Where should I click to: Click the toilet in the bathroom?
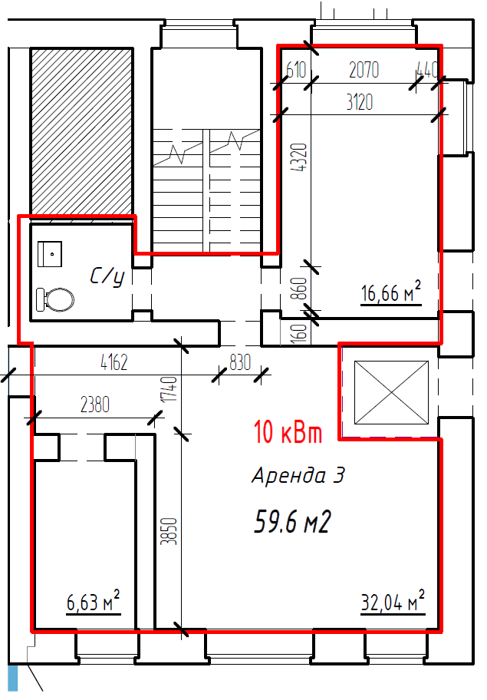click(x=55, y=299)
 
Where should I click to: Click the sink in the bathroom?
click(x=50, y=254)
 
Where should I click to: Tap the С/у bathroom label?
click(x=107, y=277)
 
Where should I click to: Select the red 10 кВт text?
click(x=288, y=431)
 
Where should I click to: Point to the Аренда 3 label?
click(x=298, y=475)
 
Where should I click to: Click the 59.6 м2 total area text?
click(x=292, y=521)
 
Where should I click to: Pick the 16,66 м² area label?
click(x=390, y=292)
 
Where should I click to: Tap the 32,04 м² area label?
click(x=393, y=601)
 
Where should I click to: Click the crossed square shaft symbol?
click(x=391, y=392)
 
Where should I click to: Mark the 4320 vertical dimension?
click(x=299, y=157)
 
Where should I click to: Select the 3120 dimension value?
click(x=360, y=102)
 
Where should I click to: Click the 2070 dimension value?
click(x=364, y=70)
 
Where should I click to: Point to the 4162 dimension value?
click(x=114, y=362)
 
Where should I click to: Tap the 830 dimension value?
click(x=240, y=362)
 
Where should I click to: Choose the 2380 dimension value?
click(x=95, y=404)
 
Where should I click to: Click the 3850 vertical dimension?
click(x=169, y=531)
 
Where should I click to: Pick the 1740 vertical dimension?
click(x=170, y=389)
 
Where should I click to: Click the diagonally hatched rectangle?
click(x=81, y=132)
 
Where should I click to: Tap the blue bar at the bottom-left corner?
click(x=12, y=679)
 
